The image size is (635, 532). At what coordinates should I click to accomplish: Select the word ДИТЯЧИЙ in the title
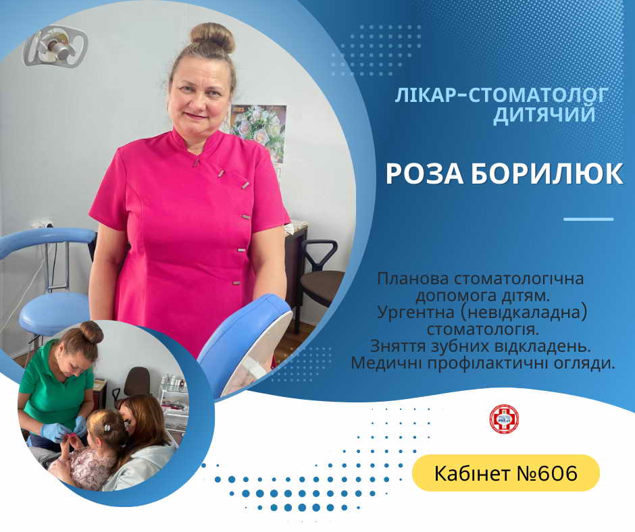[x=544, y=115]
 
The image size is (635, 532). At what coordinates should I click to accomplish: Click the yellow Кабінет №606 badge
[x=506, y=473]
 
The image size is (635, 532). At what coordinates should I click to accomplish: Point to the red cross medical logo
[x=504, y=419]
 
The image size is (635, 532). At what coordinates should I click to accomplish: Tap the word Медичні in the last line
[x=386, y=363]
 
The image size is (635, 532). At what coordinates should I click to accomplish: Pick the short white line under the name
[x=588, y=219]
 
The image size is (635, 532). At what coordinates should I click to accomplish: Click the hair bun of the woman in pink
[x=213, y=38]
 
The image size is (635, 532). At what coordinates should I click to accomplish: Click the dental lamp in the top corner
[x=55, y=46]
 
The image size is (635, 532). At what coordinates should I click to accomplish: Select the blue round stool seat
[x=54, y=313]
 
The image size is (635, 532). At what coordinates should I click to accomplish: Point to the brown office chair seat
[x=322, y=283]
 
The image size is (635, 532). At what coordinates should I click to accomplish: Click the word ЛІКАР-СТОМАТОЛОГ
[x=501, y=96]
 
